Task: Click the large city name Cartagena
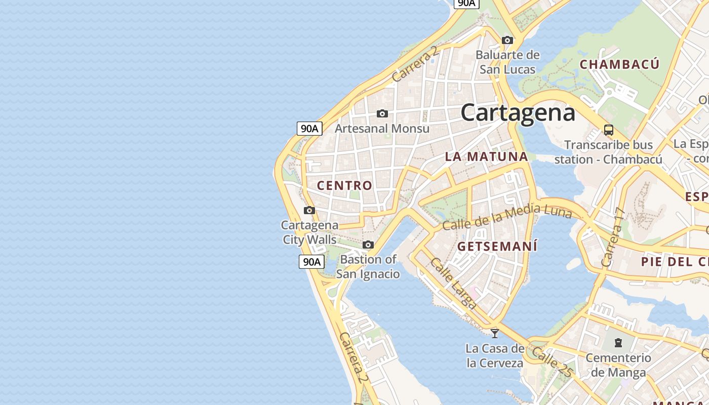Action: tap(518, 112)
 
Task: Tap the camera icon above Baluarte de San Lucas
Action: tap(507, 40)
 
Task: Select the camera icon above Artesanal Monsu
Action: tap(382, 113)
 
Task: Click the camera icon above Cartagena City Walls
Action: tap(309, 210)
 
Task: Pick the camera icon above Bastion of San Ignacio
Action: tap(368, 245)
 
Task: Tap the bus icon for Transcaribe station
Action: tap(609, 130)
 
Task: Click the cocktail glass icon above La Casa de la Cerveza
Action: tap(495, 333)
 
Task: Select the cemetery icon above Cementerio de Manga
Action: tap(618, 343)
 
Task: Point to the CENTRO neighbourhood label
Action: tap(344, 185)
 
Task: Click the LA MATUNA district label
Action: tap(486, 157)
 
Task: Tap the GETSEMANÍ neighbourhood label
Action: tap(497, 247)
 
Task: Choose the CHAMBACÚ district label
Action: tap(619, 64)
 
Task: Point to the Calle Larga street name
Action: tap(453, 283)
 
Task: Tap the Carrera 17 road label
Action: tap(611, 238)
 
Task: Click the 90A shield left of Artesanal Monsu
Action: tap(309, 128)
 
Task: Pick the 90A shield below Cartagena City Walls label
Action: tap(311, 262)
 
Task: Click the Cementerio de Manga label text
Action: tap(618, 365)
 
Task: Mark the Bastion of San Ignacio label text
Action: tap(368, 267)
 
